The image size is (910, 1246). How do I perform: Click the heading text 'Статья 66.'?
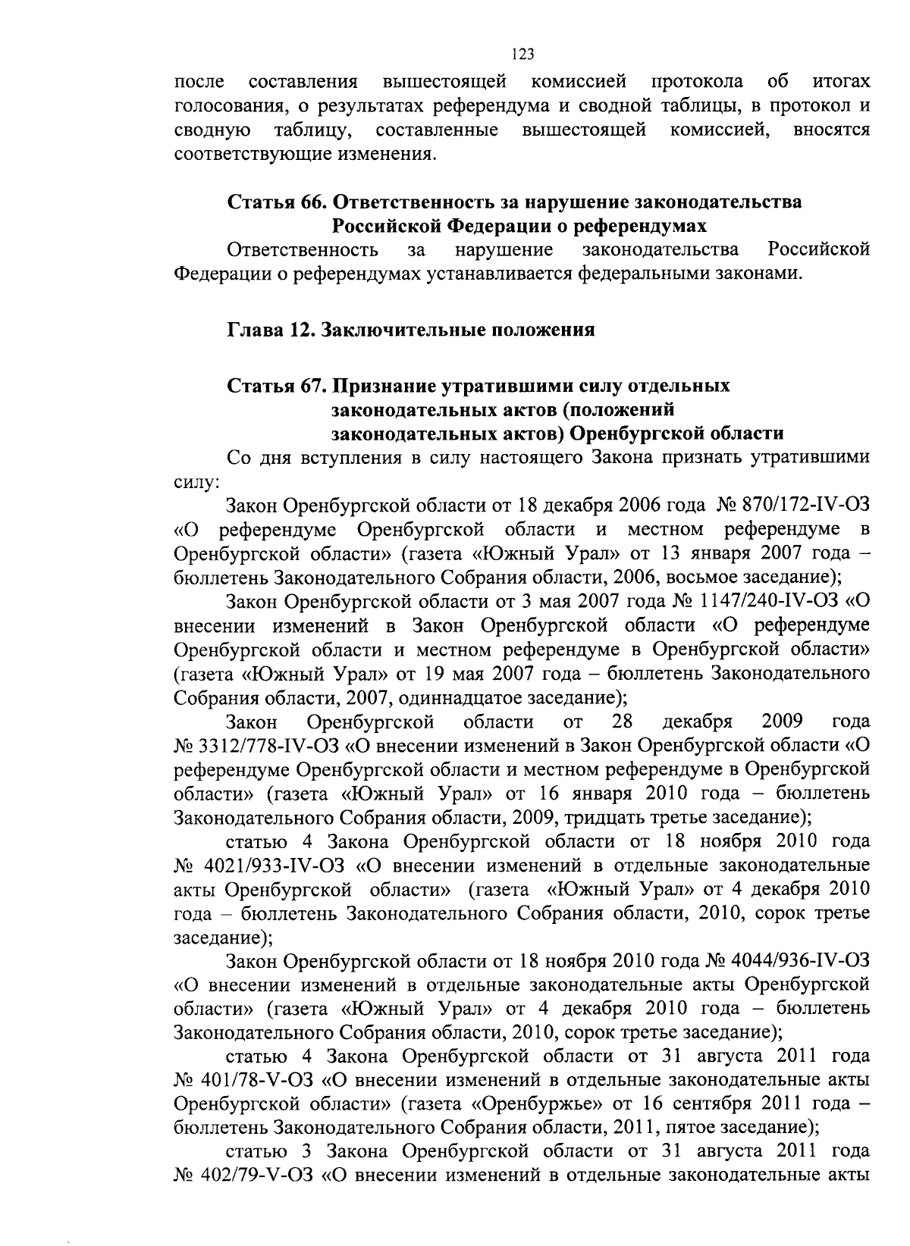pyautogui.click(x=277, y=202)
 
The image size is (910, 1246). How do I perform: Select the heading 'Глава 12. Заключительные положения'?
pyautogui.click(x=411, y=330)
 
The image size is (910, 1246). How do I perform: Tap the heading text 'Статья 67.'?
pyautogui.click(x=277, y=386)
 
